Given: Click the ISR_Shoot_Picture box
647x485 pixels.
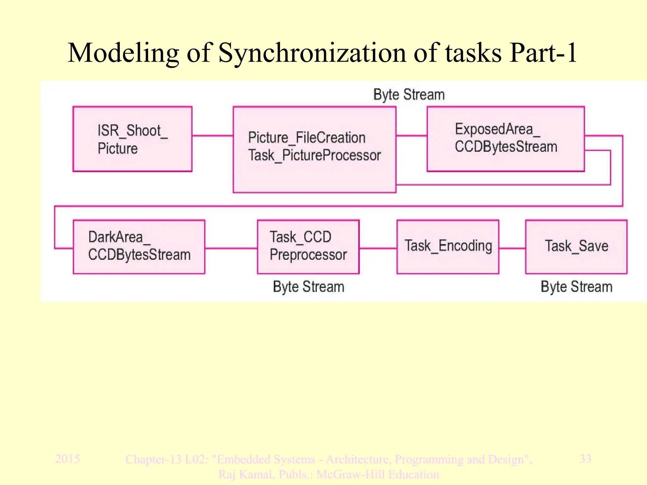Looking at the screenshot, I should click(132, 139).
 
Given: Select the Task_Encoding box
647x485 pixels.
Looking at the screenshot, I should click(448, 247).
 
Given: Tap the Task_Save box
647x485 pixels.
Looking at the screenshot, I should click(576, 247).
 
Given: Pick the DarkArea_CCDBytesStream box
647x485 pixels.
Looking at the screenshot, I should click(139, 247).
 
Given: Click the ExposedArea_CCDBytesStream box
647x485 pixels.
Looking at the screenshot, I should click(505, 139).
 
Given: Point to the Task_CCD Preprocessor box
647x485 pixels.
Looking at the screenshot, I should click(308, 247).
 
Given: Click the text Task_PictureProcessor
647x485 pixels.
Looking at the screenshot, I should click(314, 156).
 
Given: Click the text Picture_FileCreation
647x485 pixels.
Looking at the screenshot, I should click(306, 138).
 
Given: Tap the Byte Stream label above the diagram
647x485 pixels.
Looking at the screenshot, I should click(409, 95).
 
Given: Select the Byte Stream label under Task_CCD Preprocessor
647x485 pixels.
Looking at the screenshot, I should click(308, 287).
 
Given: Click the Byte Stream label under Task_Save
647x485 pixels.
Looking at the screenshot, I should click(576, 287).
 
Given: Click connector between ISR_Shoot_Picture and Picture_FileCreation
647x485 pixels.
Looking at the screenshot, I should click(212, 136).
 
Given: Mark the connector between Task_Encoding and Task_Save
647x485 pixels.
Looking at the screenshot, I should click(512, 248).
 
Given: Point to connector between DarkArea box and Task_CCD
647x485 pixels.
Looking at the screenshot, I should click(231, 248).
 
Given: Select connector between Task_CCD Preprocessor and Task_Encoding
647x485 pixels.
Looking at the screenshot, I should click(378, 248).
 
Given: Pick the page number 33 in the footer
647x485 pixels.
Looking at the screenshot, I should click(585, 458).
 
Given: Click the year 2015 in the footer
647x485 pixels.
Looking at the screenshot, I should click(67, 458).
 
